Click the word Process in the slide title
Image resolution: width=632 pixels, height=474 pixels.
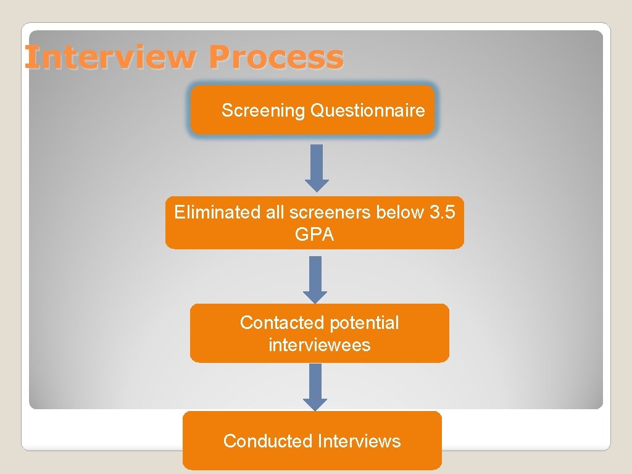(x=276, y=57)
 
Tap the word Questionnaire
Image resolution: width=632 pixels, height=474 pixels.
(x=368, y=111)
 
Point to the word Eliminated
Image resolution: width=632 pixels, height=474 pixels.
(x=209, y=213)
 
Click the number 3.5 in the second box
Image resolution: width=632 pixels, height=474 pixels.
(x=443, y=213)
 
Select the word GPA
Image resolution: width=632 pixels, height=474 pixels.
(x=315, y=235)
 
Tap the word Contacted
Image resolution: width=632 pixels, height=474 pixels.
(x=282, y=323)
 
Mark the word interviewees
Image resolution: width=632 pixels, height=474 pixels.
(x=319, y=345)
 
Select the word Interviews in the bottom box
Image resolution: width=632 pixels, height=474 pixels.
(x=359, y=441)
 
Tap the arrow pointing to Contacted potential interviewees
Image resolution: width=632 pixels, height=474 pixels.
(x=315, y=278)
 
